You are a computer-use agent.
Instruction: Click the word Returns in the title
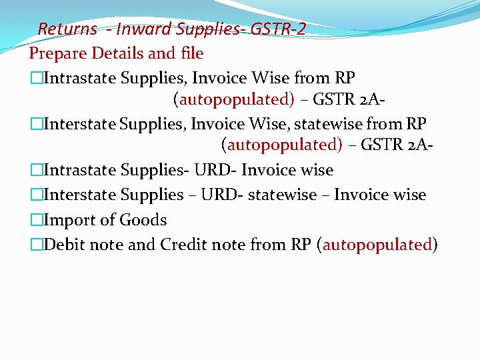(x=67, y=29)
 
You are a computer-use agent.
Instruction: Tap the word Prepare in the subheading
(x=59, y=53)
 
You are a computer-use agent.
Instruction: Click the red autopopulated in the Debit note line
(x=377, y=245)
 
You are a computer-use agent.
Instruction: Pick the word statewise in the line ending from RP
(x=333, y=124)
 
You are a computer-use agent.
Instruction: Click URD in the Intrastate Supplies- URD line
(x=216, y=171)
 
